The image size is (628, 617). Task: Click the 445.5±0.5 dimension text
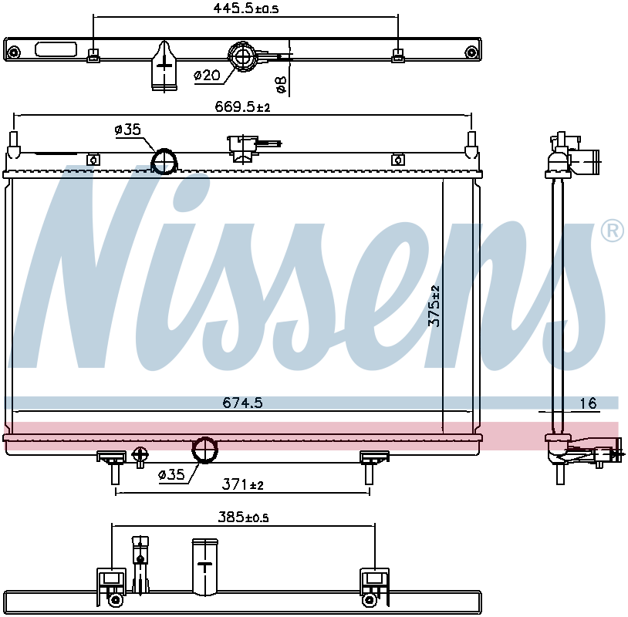(245, 9)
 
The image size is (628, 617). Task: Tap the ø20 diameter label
(207, 75)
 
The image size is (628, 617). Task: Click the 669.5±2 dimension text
(241, 108)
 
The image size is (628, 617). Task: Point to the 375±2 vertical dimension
(434, 306)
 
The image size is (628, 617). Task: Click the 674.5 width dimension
(243, 403)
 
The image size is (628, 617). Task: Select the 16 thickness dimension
(589, 403)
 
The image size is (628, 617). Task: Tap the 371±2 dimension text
(243, 484)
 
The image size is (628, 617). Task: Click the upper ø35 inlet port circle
(164, 162)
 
